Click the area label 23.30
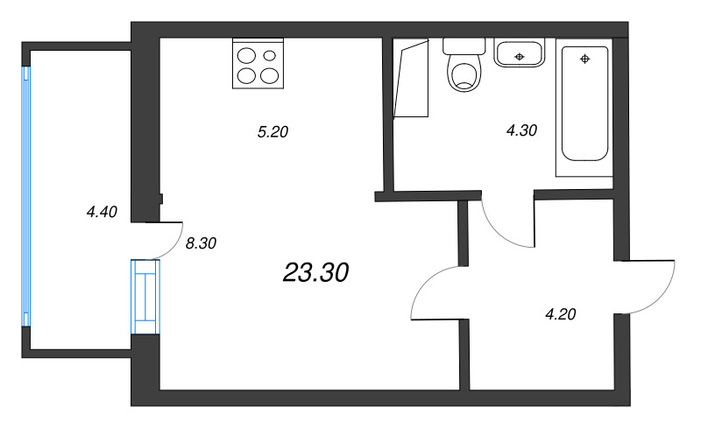pos(315,273)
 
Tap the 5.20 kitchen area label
pos(273,133)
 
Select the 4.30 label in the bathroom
pos(521,130)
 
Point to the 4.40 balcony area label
pos(102,211)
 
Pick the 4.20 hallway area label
pos(560,314)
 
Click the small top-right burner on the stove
pos(269,56)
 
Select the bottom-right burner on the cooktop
pos(268,75)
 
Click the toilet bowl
pos(464,74)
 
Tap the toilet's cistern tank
pos(464,46)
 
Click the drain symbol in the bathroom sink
pos(520,56)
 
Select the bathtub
pos(585,105)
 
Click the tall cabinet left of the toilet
pos(412,79)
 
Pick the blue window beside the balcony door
pos(145,298)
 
